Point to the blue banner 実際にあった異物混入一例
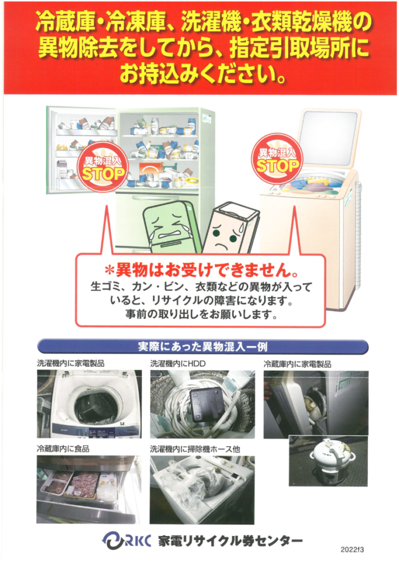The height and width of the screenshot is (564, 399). tap(202, 348)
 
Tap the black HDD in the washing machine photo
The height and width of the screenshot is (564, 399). tap(206, 405)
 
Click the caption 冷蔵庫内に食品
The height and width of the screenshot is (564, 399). tap(63, 449)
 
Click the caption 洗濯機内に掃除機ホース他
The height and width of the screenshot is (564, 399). tap(195, 449)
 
